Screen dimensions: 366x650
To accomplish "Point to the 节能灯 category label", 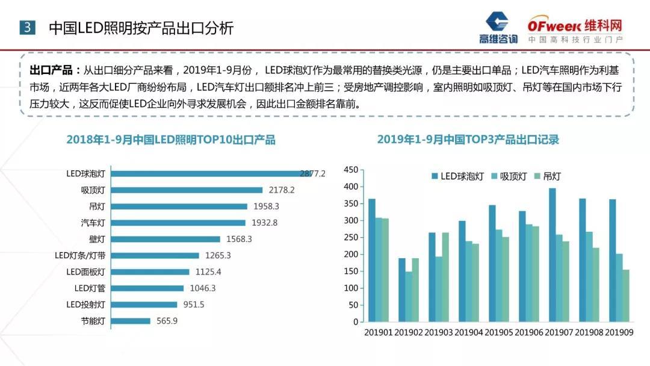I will click(93, 321).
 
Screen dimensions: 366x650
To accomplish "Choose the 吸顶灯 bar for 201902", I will click(409, 296).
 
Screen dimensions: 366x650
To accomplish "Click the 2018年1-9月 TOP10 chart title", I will click(171, 140).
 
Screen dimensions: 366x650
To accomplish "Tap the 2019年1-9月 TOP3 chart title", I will click(468, 140).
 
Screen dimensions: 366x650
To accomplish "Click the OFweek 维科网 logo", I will click(575, 30).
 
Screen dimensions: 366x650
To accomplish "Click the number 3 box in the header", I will click(28, 28).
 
